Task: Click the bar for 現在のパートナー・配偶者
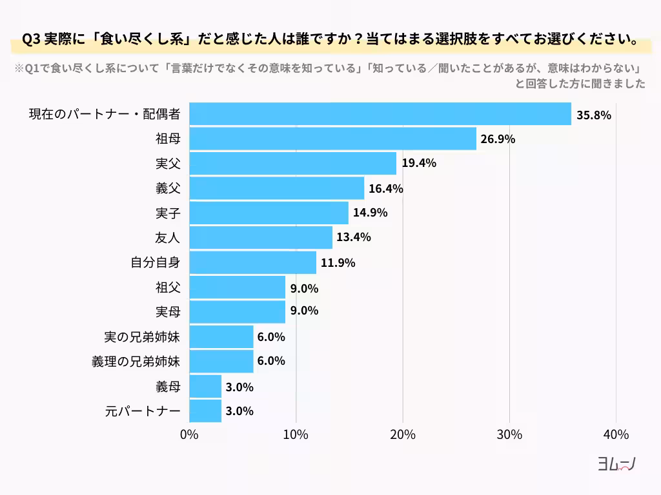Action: [x=380, y=114]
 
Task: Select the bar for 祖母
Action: [x=332, y=139]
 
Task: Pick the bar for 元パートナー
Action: [x=205, y=411]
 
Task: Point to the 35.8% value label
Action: [x=593, y=115]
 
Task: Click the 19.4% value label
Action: [x=419, y=164]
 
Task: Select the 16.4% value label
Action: [x=386, y=189]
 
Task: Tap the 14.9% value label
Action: [x=370, y=213]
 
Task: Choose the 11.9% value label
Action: [x=338, y=263]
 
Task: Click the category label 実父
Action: [x=168, y=164]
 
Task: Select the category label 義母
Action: [x=168, y=387]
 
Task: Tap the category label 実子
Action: [x=168, y=213]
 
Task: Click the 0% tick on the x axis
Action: [x=189, y=434]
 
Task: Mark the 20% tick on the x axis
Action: [x=403, y=434]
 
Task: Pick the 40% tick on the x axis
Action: [x=616, y=434]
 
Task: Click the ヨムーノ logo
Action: [x=616, y=464]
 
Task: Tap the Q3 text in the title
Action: [x=31, y=39]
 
